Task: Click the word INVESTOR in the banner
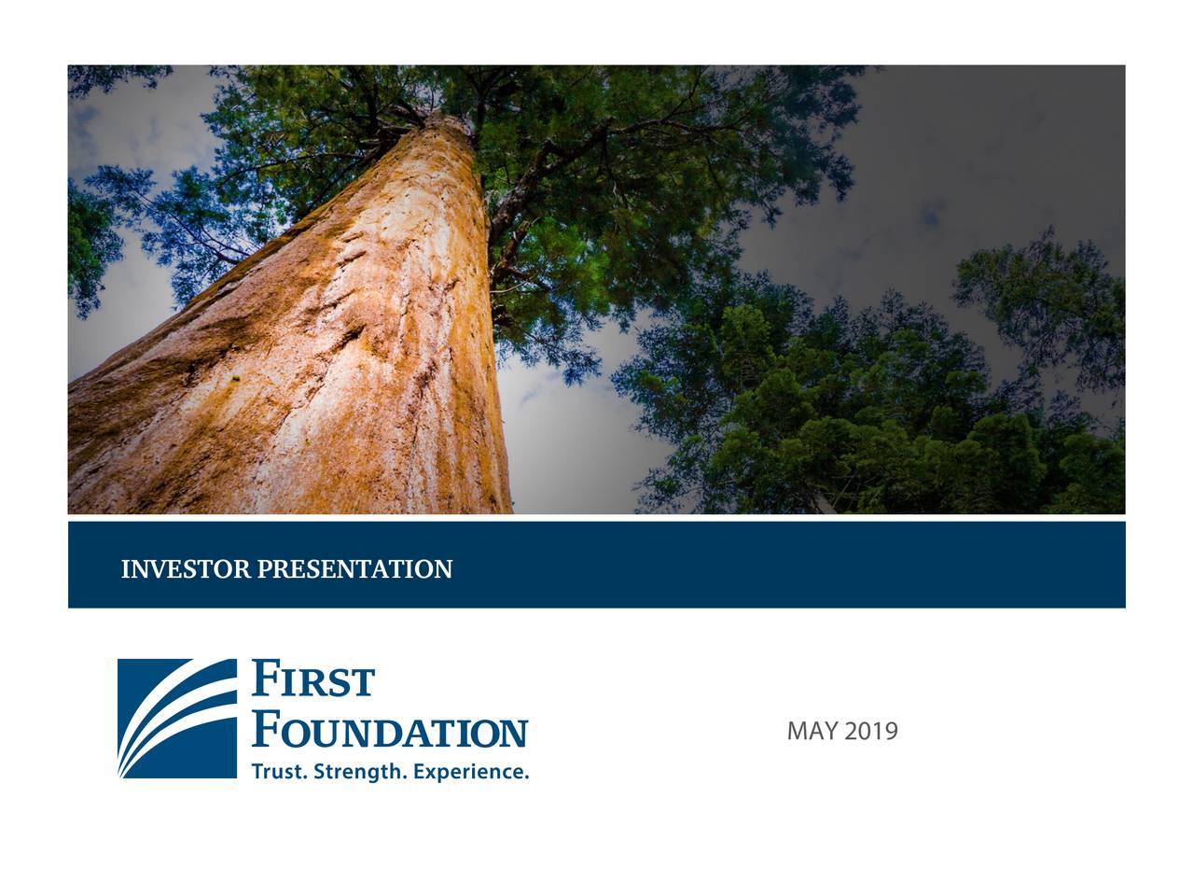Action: coord(186,568)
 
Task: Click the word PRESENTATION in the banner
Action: coord(354,568)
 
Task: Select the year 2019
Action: coord(871,731)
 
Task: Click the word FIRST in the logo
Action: coord(313,680)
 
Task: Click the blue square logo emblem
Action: coord(177,719)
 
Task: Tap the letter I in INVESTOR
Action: coord(125,568)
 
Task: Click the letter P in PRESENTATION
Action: coord(263,568)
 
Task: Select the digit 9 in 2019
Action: coord(891,731)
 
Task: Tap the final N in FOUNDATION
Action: coord(513,733)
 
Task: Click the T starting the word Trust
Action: coord(257,772)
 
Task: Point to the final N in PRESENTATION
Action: coord(444,568)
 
